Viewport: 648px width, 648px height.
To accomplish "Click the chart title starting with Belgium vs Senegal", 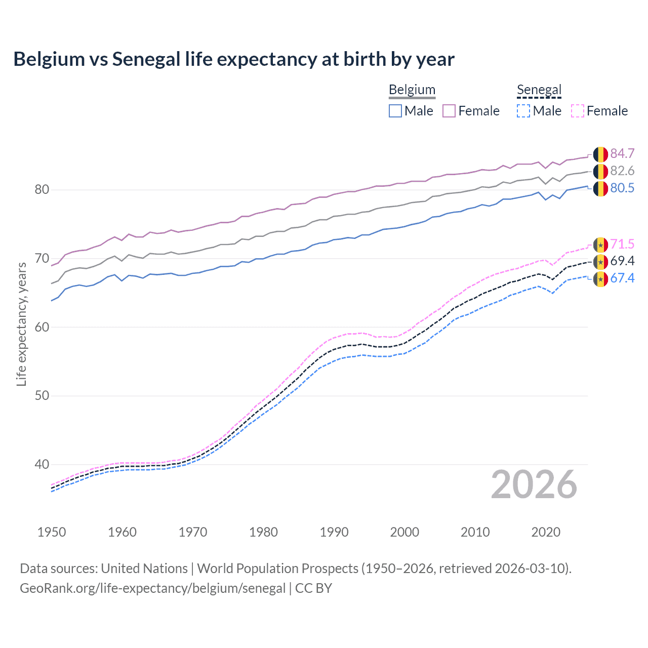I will point(234,59).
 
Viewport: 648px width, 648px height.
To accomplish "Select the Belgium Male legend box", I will point(395,111).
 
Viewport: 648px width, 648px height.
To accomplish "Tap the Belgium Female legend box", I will point(449,111).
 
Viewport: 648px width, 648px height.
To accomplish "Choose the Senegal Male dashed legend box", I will point(523,111).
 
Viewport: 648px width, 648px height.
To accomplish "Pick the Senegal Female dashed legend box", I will point(578,111).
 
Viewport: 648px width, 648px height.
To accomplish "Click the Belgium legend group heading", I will point(412,90).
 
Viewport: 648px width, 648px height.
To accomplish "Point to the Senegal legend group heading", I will point(539,90).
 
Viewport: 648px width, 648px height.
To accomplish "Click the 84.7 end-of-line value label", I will point(622,153).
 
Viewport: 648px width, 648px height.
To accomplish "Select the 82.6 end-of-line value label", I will point(622,171).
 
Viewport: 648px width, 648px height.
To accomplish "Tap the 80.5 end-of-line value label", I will point(622,188).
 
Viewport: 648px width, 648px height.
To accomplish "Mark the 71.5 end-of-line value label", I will point(622,244).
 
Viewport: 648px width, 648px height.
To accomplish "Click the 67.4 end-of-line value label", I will point(622,278).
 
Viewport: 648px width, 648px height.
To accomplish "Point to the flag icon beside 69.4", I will point(600,261).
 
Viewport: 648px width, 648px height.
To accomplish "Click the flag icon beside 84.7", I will point(600,154).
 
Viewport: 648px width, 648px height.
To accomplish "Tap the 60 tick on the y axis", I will point(42,327).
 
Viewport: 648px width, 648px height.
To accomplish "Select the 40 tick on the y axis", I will point(42,464).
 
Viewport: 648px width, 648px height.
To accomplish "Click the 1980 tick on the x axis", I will point(263,532).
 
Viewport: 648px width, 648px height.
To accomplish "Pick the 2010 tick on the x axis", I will point(475,532).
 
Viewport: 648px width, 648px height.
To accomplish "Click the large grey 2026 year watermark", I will point(534,485).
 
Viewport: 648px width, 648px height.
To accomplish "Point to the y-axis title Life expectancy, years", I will point(21,324).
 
